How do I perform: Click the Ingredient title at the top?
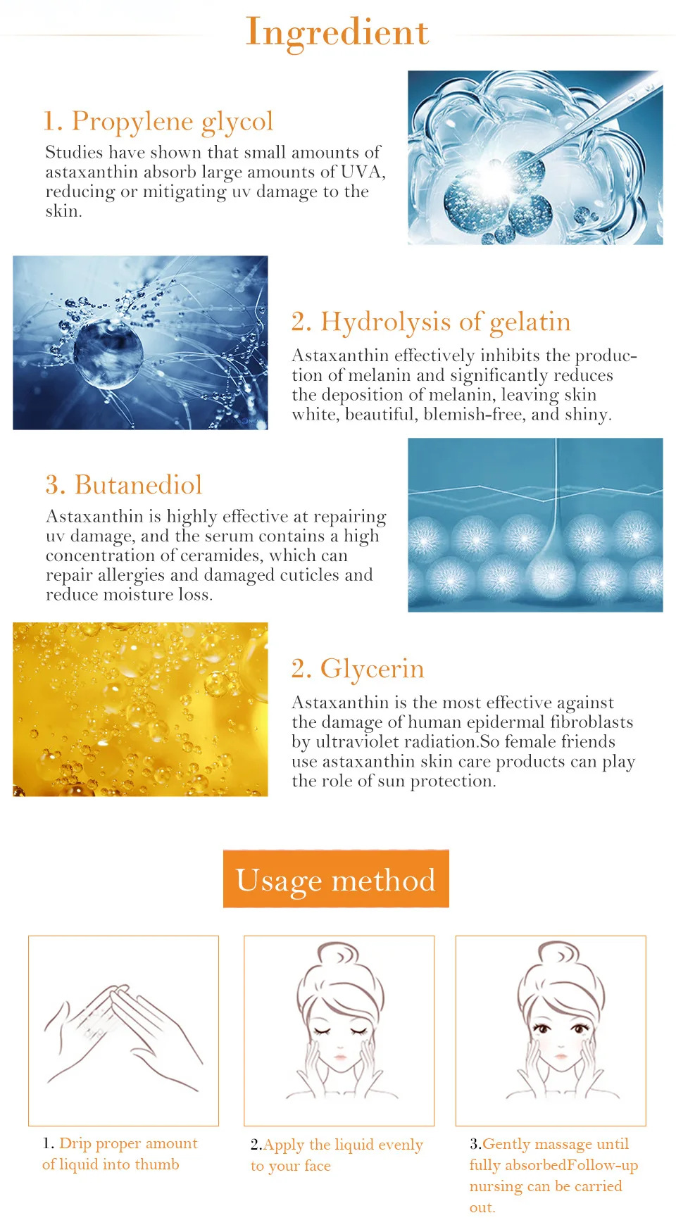[x=337, y=32]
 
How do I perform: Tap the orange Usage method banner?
[x=336, y=879]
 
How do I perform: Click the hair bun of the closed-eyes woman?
[x=339, y=954]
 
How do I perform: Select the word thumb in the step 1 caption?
[x=156, y=1164]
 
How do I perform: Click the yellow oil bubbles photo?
[x=140, y=710]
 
